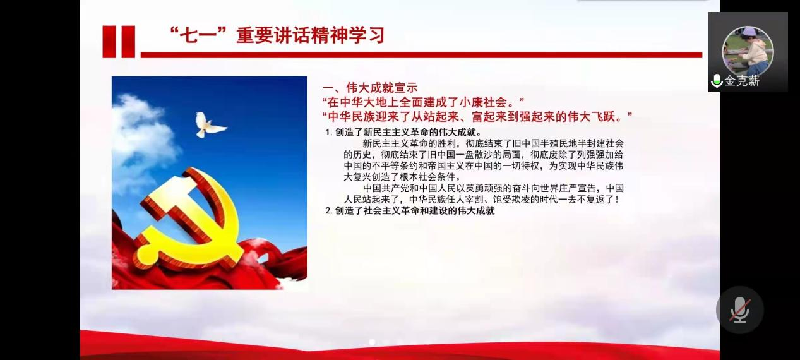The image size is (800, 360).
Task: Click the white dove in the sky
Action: [x=209, y=125]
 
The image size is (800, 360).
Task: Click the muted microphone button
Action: [x=739, y=310]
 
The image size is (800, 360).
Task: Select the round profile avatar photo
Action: [x=748, y=51]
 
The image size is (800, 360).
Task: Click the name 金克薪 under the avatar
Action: [x=742, y=81]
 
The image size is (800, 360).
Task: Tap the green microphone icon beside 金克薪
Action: [x=717, y=81]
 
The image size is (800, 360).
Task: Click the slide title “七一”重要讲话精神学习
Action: [x=277, y=35]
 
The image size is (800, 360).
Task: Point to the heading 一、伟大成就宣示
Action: [x=369, y=88]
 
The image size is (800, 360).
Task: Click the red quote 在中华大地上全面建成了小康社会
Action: [x=423, y=102]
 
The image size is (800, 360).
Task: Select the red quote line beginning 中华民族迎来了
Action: [x=477, y=117]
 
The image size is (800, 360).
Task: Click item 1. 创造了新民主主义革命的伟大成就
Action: [x=403, y=133]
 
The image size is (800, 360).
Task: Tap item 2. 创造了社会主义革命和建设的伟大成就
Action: [x=410, y=211]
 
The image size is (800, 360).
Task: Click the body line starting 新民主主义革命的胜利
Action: [x=493, y=143]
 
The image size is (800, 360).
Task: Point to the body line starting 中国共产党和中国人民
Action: [x=493, y=188]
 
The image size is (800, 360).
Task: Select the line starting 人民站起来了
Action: [x=481, y=200]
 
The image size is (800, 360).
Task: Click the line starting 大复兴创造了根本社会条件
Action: [x=402, y=177]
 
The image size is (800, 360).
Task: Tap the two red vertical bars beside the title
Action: [x=119, y=42]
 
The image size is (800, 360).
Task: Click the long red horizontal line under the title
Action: [x=421, y=55]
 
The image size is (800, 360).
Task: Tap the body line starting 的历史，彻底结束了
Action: [x=484, y=155]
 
